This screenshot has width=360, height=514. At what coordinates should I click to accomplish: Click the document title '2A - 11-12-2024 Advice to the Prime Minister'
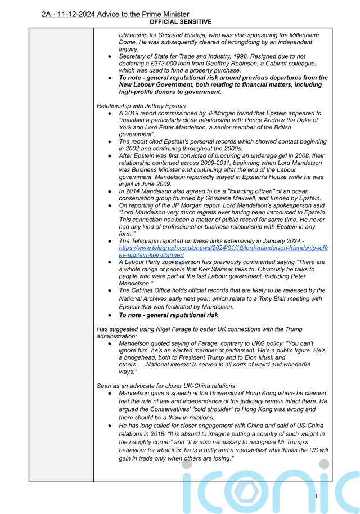(115, 14)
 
